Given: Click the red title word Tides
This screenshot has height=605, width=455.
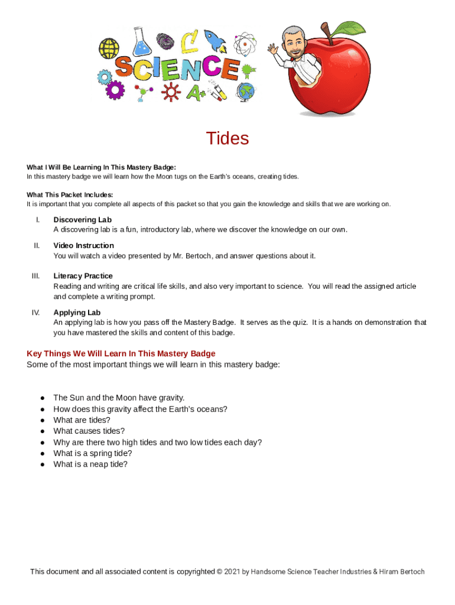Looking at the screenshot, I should click(227, 138).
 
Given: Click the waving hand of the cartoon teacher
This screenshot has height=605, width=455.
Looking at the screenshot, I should click(273, 48).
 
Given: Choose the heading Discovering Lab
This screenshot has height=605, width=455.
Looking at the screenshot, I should click(82, 220).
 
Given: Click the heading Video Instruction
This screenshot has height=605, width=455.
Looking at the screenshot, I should click(83, 245).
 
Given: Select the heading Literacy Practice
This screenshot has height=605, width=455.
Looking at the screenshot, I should click(83, 276).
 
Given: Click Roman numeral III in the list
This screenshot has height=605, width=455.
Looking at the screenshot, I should click(35, 276).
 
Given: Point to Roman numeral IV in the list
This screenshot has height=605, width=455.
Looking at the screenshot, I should click(35, 313).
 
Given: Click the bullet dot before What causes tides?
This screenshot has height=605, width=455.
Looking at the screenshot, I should click(43, 432).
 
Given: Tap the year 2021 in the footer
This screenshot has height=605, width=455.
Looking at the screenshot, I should click(232, 572).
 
